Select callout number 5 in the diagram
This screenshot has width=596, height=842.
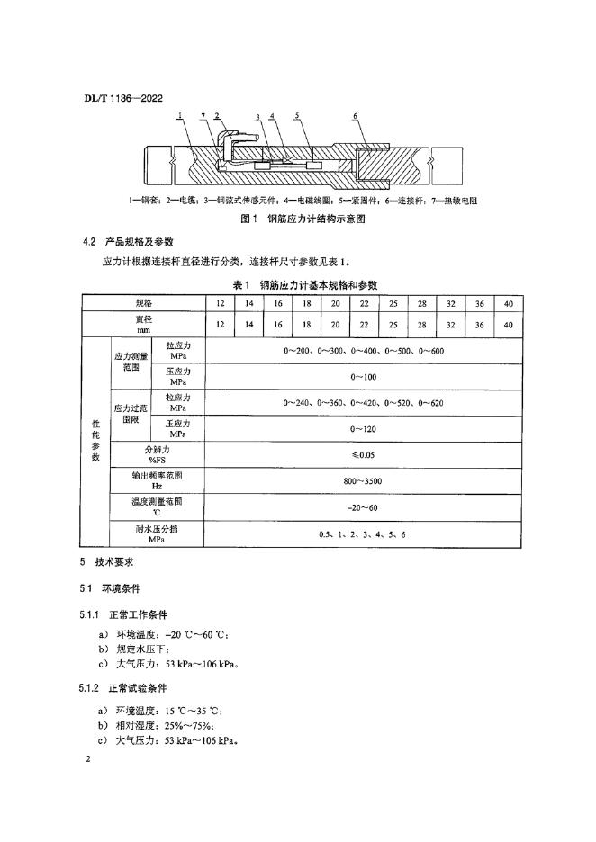pos(296,117)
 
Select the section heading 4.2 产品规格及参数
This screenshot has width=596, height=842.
pos(128,242)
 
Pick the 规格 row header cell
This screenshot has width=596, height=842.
pos(143,303)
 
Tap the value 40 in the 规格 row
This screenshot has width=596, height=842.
pos(508,303)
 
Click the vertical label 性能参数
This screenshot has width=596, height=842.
pos(95,442)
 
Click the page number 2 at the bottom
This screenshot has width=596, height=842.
pos(88,760)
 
